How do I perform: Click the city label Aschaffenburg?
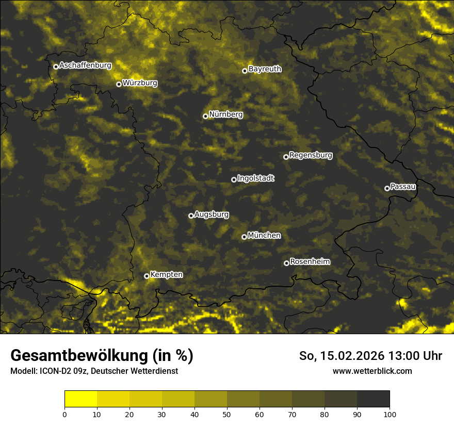point(85,65)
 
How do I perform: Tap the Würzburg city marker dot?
point(119,84)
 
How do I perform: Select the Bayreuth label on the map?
point(265,69)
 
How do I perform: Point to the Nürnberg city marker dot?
point(205,116)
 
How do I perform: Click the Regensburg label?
point(311,155)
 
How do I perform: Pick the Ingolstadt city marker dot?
point(234,179)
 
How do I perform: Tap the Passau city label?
point(403,187)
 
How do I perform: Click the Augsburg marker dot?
point(191,216)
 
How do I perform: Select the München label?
point(264,235)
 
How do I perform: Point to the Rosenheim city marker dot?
point(286,263)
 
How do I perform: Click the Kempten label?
point(166,274)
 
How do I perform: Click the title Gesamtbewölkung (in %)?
point(102,356)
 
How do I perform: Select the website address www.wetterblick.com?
point(372,371)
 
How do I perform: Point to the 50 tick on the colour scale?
point(227,414)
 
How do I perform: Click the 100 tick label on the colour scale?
point(390,414)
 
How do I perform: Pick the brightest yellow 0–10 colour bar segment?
point(80,399)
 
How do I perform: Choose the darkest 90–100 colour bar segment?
point(373,399)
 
